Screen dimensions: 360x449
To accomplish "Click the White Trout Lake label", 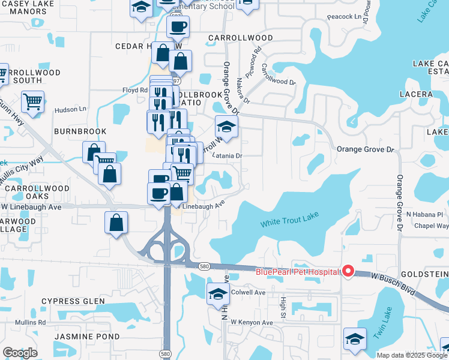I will coord(289,221).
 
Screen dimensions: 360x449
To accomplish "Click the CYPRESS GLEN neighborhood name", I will coord(82,301).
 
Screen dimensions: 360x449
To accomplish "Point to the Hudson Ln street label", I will coord(70,110).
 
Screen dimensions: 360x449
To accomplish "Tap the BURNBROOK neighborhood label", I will coord(80,131).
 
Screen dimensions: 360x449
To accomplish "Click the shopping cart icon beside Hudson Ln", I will coord(32,101).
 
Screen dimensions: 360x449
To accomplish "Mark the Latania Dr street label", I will coord(230,156).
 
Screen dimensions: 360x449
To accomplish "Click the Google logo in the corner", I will coord(20,353).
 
